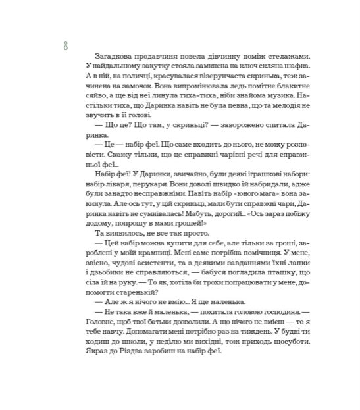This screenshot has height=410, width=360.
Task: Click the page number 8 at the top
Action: point(65,45)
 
